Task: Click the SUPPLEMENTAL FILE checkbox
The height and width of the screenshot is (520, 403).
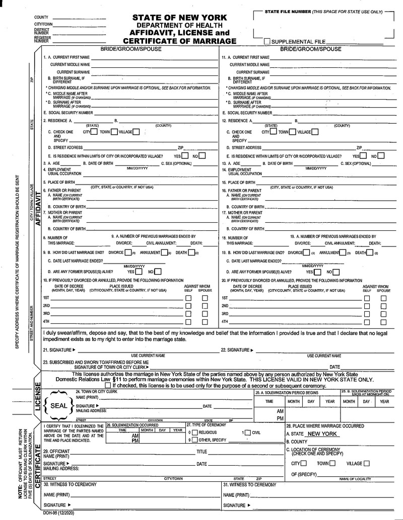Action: click(267, 42)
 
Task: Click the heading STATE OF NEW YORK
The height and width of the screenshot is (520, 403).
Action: click(179, 18)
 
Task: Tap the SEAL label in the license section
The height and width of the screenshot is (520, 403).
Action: click(59, 404)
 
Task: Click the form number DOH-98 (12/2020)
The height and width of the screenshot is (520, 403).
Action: click(57, 513)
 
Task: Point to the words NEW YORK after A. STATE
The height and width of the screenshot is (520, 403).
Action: click(323, 434)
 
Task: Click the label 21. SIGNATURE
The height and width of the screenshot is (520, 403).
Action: click(59, 350)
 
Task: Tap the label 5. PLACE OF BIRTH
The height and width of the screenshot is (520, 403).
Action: click(59, 182)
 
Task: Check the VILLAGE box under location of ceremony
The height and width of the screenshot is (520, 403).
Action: click(366, 463)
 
